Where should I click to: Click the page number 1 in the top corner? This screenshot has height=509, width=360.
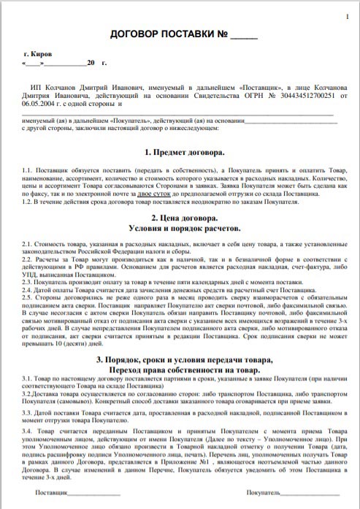(347, 16)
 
